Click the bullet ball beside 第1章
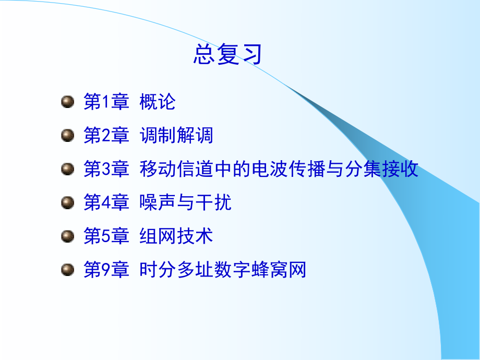pos(67,101)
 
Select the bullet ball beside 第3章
pos(67,169)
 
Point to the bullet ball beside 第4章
pos(67,202)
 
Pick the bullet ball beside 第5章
pos(67,236)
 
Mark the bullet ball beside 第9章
pos(67,270)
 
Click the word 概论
pos(158,102)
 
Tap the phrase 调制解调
pos(176,136)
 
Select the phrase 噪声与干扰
pos(186,203)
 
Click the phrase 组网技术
pos(176,236)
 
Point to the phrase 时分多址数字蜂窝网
pos(223,270)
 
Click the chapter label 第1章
pos(106,102)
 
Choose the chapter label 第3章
pos(106,169)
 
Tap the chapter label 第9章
pos(106,270)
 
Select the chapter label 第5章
pos(106,236)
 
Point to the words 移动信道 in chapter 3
pos(176,169)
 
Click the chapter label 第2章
pos(106,136)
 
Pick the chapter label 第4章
pos(106,203)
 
